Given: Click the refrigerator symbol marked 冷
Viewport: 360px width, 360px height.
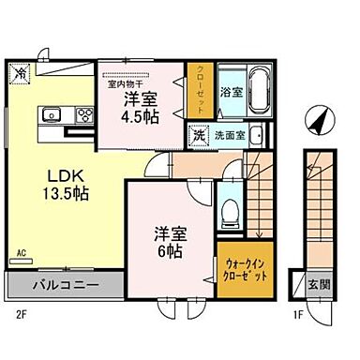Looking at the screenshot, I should click(20, 72).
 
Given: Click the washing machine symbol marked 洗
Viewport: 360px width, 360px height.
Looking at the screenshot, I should click(198, 134).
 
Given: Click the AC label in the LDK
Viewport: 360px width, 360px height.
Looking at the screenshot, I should click(20, 253).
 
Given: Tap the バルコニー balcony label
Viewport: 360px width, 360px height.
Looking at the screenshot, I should click(63, 284).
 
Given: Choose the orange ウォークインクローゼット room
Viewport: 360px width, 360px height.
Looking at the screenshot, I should click(247, 272).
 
